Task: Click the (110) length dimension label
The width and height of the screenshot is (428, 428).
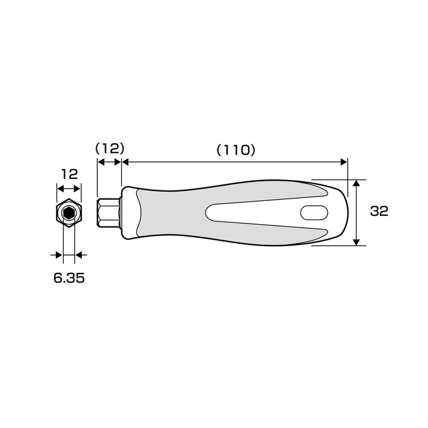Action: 236,150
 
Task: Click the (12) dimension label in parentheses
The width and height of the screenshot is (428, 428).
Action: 110,149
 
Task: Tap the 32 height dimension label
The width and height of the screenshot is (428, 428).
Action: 379,211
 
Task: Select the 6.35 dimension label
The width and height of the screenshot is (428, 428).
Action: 69,278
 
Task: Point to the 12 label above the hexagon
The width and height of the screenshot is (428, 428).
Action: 70,174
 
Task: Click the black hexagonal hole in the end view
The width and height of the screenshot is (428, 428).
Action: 68,213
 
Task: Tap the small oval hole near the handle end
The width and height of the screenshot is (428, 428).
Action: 314,213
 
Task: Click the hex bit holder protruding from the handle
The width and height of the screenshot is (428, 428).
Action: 109,213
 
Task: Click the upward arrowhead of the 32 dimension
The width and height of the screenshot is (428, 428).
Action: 356,183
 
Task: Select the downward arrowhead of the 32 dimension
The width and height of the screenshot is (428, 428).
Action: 356,242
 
